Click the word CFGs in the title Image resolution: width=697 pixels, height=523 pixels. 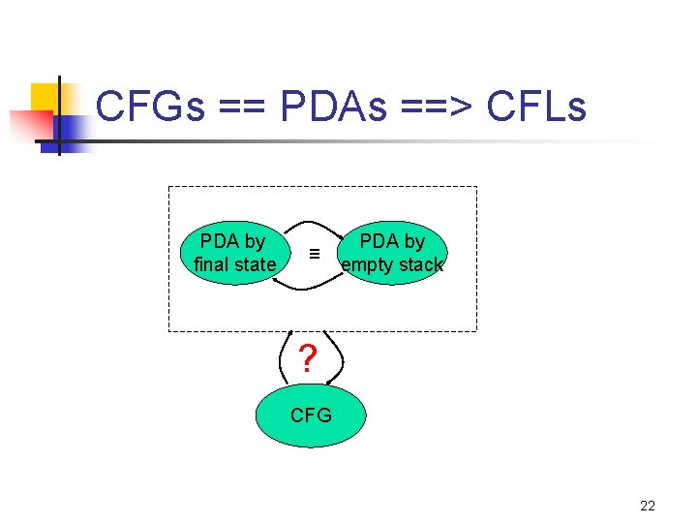151,108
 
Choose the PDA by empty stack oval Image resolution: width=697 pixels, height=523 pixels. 392,254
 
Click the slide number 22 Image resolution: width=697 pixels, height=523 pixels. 648,506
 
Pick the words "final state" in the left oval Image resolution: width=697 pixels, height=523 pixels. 234,264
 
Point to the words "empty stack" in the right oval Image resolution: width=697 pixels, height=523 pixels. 392,264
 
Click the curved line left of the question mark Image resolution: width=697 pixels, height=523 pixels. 284,358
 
